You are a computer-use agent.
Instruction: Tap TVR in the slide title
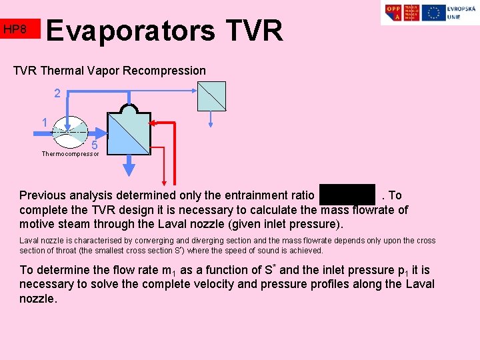(254, 31)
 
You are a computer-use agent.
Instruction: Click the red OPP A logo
(393, 13)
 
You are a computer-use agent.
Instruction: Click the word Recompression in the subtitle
(169, 71)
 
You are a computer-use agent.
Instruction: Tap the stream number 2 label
(57, 94)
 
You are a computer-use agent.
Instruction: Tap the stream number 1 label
(44, 123)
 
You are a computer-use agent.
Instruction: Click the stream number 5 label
(95, 145)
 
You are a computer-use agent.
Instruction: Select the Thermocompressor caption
(70, 154)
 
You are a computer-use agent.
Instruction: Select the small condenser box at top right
(211, 96)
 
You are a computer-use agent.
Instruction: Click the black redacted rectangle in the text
(347, 194)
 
